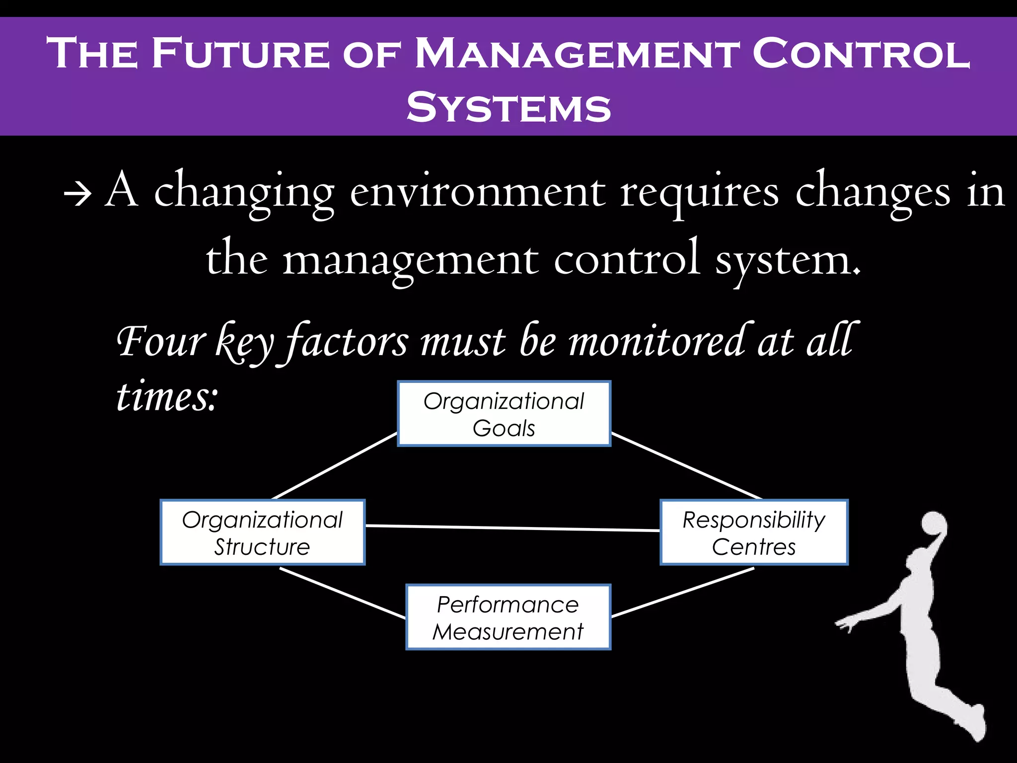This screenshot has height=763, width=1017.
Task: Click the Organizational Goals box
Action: [x=504, y=414]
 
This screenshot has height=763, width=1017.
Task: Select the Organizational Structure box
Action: [x=262, y=533]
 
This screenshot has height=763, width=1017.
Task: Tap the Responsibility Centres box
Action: [x=754, y=533]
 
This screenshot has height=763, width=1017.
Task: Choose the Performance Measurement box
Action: [x=508, y=617]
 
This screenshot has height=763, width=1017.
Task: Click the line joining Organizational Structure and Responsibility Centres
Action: [x=511, y=528]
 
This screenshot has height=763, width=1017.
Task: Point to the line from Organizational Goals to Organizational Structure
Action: [x=334, y=466]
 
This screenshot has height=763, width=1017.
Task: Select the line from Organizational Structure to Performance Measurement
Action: [x=343, y=593]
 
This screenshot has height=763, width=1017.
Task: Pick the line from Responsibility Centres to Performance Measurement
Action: [x=683, y=593]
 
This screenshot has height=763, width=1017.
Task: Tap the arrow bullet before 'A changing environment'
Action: [x=77, y=195]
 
